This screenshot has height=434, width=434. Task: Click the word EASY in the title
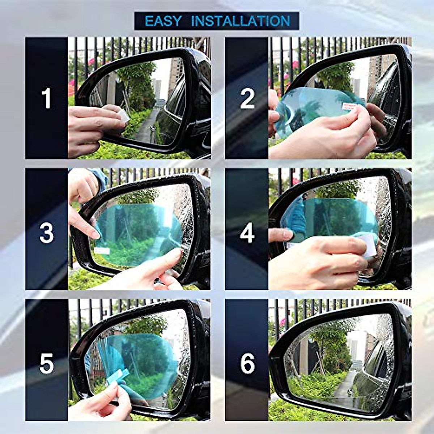pos(163,21)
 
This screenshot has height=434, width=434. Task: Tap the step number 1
pos(46,99)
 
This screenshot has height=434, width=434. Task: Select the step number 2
pos(247,99)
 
